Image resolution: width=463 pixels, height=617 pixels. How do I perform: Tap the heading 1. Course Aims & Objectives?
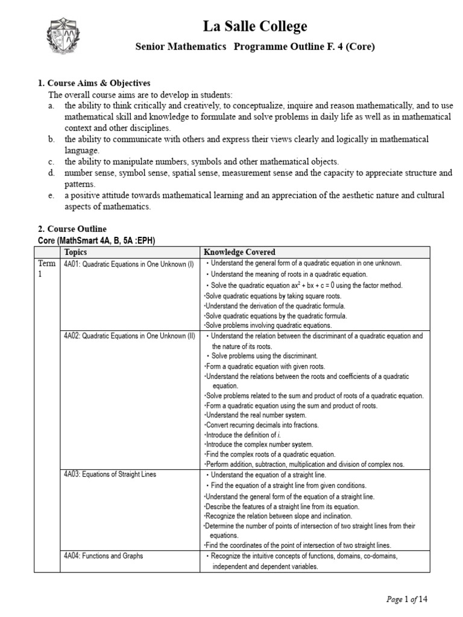94,83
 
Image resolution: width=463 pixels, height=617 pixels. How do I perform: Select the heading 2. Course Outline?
72,229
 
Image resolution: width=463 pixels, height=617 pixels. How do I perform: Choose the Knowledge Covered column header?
239,252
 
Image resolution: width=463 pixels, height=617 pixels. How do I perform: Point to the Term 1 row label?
46,269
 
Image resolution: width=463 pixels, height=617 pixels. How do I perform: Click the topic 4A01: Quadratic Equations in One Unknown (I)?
128,263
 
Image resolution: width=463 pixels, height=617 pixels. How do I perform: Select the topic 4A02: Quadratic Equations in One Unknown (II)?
129,336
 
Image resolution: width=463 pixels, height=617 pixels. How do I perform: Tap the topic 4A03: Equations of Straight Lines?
110,474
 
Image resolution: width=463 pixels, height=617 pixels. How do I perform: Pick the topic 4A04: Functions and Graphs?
103,556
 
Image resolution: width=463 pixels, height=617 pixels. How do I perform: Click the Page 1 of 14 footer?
407,599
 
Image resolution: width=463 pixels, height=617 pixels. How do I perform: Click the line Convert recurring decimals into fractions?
262,425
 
